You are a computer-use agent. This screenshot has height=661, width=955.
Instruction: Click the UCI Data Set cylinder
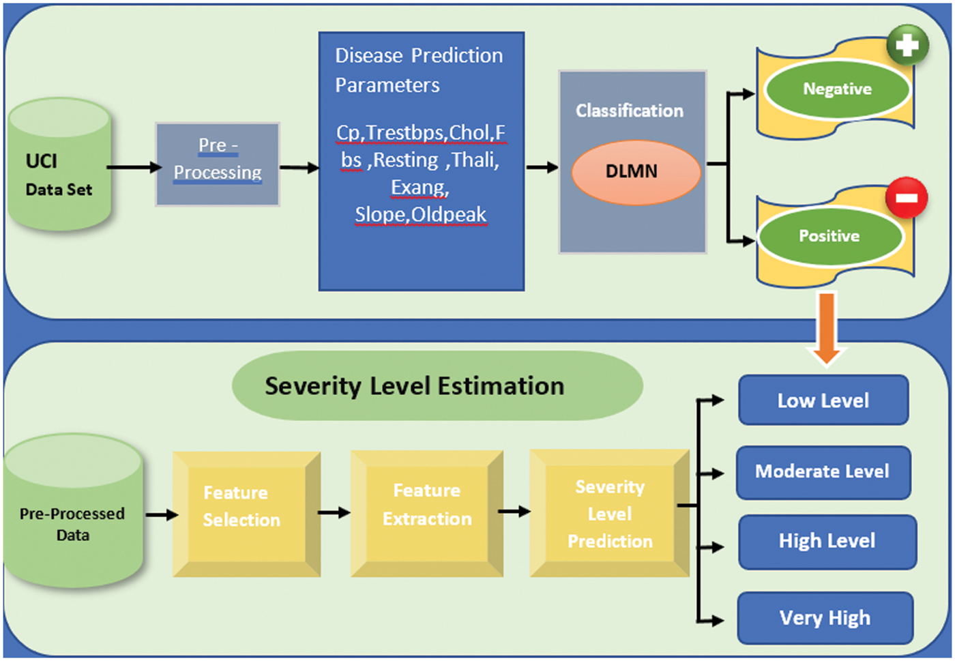coord(60,164)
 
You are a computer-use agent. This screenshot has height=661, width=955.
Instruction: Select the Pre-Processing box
coord(218,164)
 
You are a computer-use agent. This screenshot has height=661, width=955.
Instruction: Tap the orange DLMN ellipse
coord(636,172)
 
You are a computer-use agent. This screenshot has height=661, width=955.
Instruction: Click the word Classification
coord(629,111)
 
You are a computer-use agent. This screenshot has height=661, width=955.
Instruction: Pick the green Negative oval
coord(838,89)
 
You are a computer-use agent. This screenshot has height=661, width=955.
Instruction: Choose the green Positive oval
coord(830,236)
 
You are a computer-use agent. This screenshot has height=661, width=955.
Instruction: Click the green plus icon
coord(907,45)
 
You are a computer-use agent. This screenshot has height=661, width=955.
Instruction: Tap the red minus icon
coord(907,198)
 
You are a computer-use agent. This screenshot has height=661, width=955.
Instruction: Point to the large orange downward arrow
coord(827,328)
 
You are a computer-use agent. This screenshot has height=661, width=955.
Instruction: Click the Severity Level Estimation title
coord(415,386)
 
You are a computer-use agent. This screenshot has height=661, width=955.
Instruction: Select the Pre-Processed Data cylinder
coord(74,510)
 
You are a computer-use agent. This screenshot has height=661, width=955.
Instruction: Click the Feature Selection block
coord(247,514)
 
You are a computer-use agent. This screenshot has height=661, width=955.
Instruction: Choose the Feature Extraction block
coord(427,514)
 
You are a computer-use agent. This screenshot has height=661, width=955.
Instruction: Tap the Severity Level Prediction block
coord(610,514)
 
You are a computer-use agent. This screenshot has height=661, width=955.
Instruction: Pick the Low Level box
coord(823,400)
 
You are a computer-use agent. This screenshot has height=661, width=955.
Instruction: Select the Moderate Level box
coord(823,473)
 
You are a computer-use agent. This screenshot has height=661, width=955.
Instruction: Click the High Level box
coord(827,542)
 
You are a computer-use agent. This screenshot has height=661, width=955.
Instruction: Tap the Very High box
coord(825,618)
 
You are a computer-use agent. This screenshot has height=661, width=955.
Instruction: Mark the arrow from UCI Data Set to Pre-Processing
coord(134,167)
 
